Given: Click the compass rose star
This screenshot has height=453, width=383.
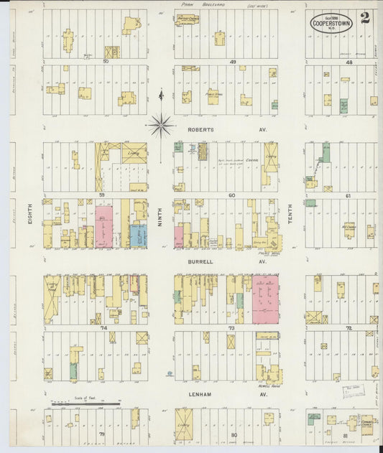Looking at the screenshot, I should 161,125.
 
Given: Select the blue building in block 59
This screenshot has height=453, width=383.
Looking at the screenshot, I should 138,236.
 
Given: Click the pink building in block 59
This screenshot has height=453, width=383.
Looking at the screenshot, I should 104,227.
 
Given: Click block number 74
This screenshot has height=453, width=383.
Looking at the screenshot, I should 104,327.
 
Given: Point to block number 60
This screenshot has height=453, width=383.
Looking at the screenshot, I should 231,195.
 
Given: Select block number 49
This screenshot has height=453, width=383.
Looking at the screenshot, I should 233,62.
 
